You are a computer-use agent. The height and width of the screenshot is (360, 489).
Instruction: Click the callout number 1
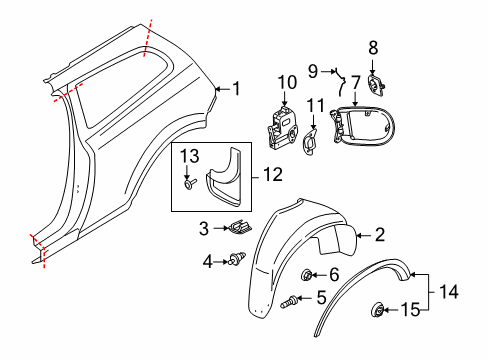pyautogui.click(x=236, y=88)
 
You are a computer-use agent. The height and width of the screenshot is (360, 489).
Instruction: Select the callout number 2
pyautogui.click(x=379, y=236)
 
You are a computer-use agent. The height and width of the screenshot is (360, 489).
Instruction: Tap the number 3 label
pyautogui.click(x=204, y=229)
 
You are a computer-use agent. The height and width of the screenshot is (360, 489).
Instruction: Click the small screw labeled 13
pyautogui.click(x=188, y=184)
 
